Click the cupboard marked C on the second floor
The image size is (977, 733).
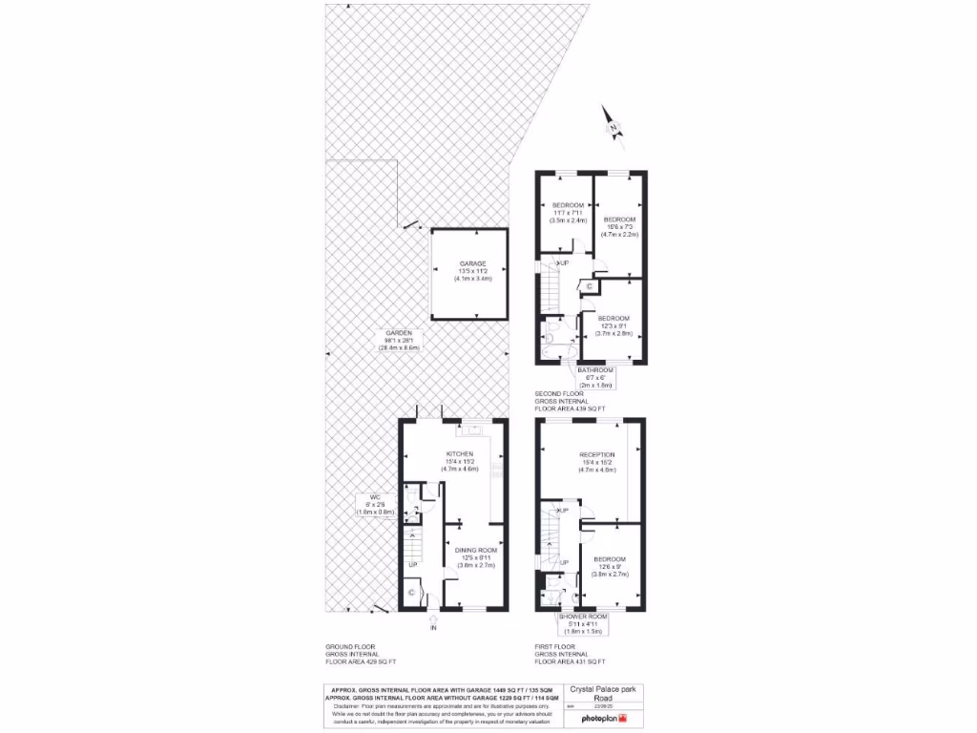pyautogui.click(x=589, y=285)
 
